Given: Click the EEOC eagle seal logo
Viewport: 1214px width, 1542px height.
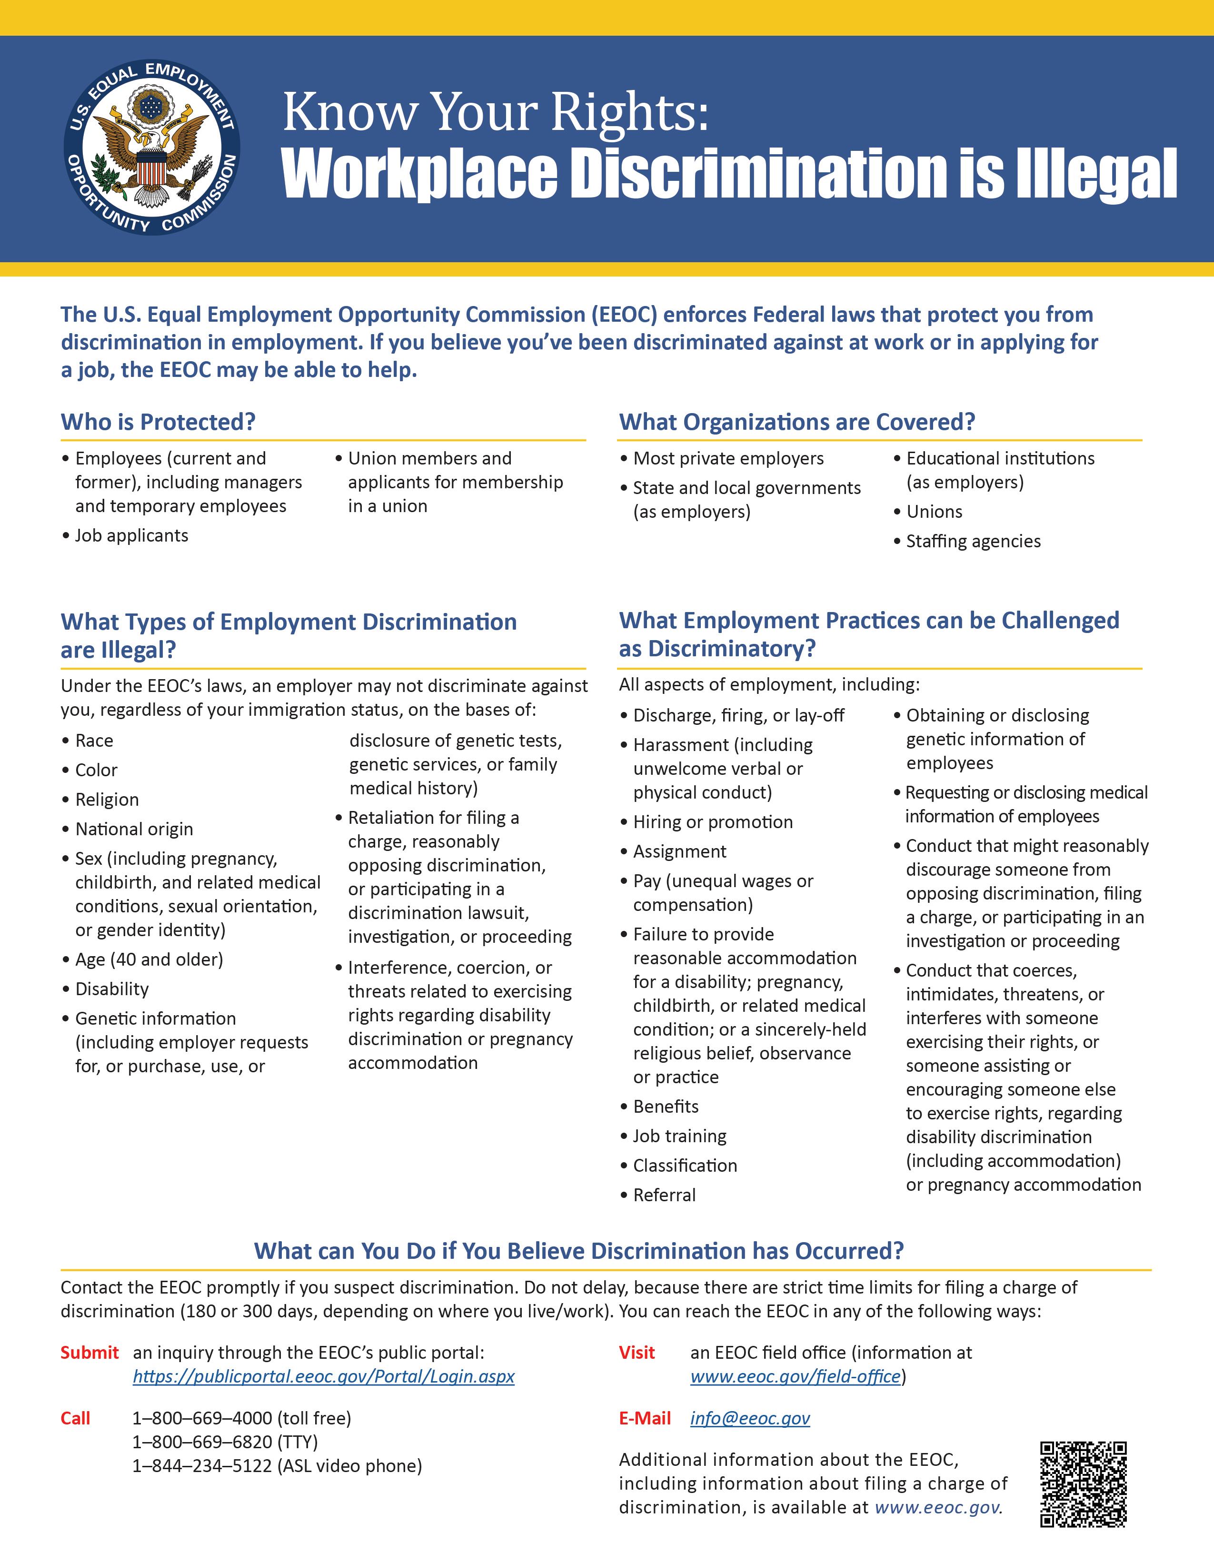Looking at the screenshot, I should (151, 147).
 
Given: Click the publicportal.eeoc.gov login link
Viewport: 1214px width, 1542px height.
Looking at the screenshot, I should (323, 1376).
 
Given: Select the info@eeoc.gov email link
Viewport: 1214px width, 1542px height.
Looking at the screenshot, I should (750, 1418).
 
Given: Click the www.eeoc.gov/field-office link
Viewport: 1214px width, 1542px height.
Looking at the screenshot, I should (796, 1376).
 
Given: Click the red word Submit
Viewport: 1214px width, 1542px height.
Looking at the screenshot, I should (90, 1352).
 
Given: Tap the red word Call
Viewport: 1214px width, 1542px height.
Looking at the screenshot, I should (75, 1418).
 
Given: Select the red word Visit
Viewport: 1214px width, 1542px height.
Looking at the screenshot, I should (637, 1352).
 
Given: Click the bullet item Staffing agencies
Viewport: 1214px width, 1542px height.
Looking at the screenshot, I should (972, 542).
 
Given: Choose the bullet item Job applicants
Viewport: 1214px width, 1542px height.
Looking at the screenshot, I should (131, 536).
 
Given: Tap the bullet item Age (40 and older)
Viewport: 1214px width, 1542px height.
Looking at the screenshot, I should (149, 959).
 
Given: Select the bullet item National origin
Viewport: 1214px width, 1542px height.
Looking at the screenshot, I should (134, 829).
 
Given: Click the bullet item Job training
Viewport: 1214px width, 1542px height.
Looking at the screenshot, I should (679, 1136).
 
